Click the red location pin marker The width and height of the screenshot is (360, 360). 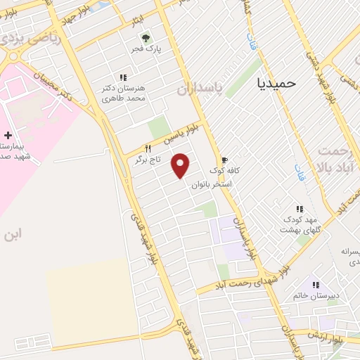pos(181,165)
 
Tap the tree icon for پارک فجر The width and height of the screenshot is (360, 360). pos(145,38)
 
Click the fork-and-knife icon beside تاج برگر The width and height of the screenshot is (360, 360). pos(148,148)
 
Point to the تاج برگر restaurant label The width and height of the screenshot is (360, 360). pos(148,160)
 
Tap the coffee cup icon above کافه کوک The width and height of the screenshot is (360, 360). pos(226,160)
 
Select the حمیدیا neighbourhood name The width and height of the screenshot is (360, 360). pos(278,82)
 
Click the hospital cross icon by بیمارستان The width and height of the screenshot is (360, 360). pos(8,134)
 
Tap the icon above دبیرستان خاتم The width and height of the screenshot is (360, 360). pos(316,285)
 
